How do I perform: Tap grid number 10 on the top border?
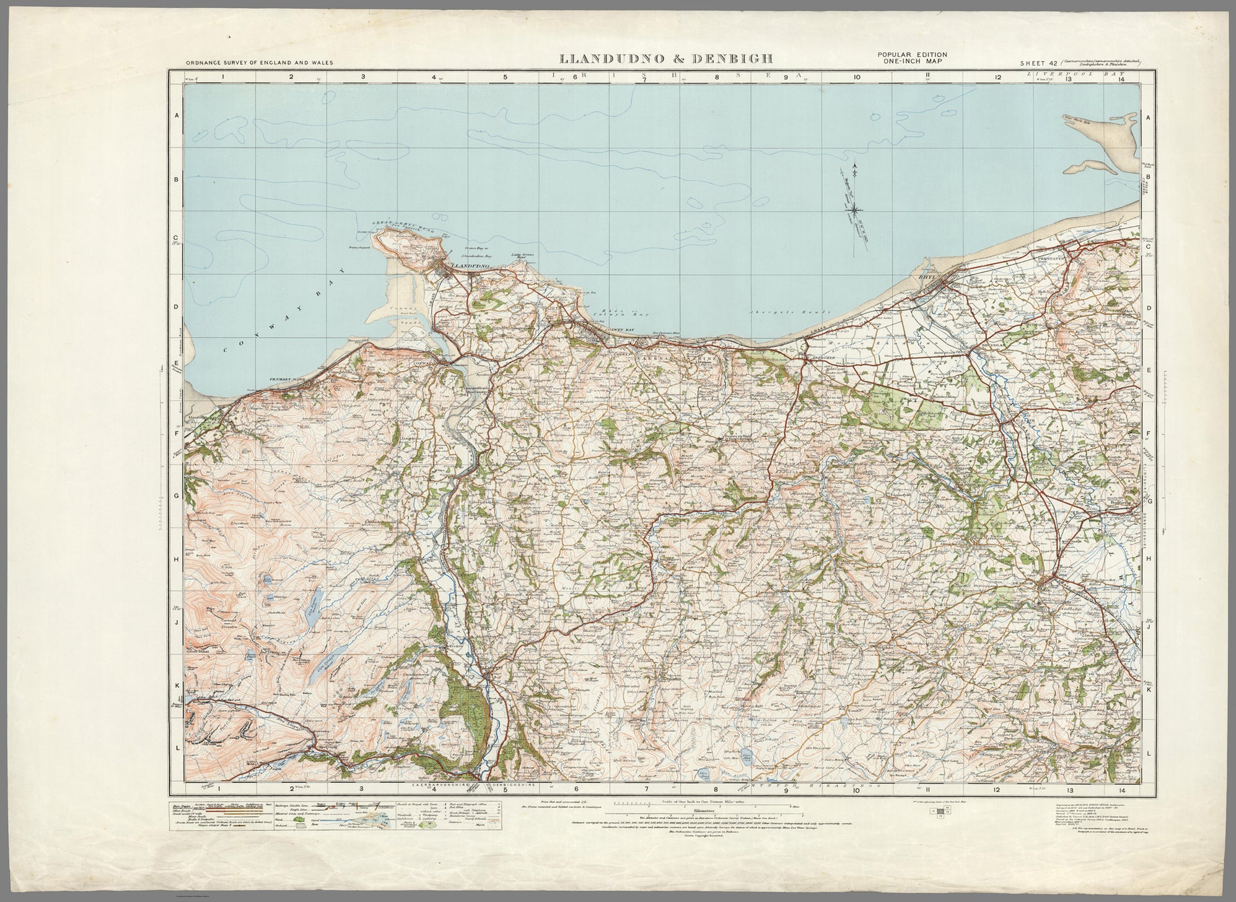tap(857, 77)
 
